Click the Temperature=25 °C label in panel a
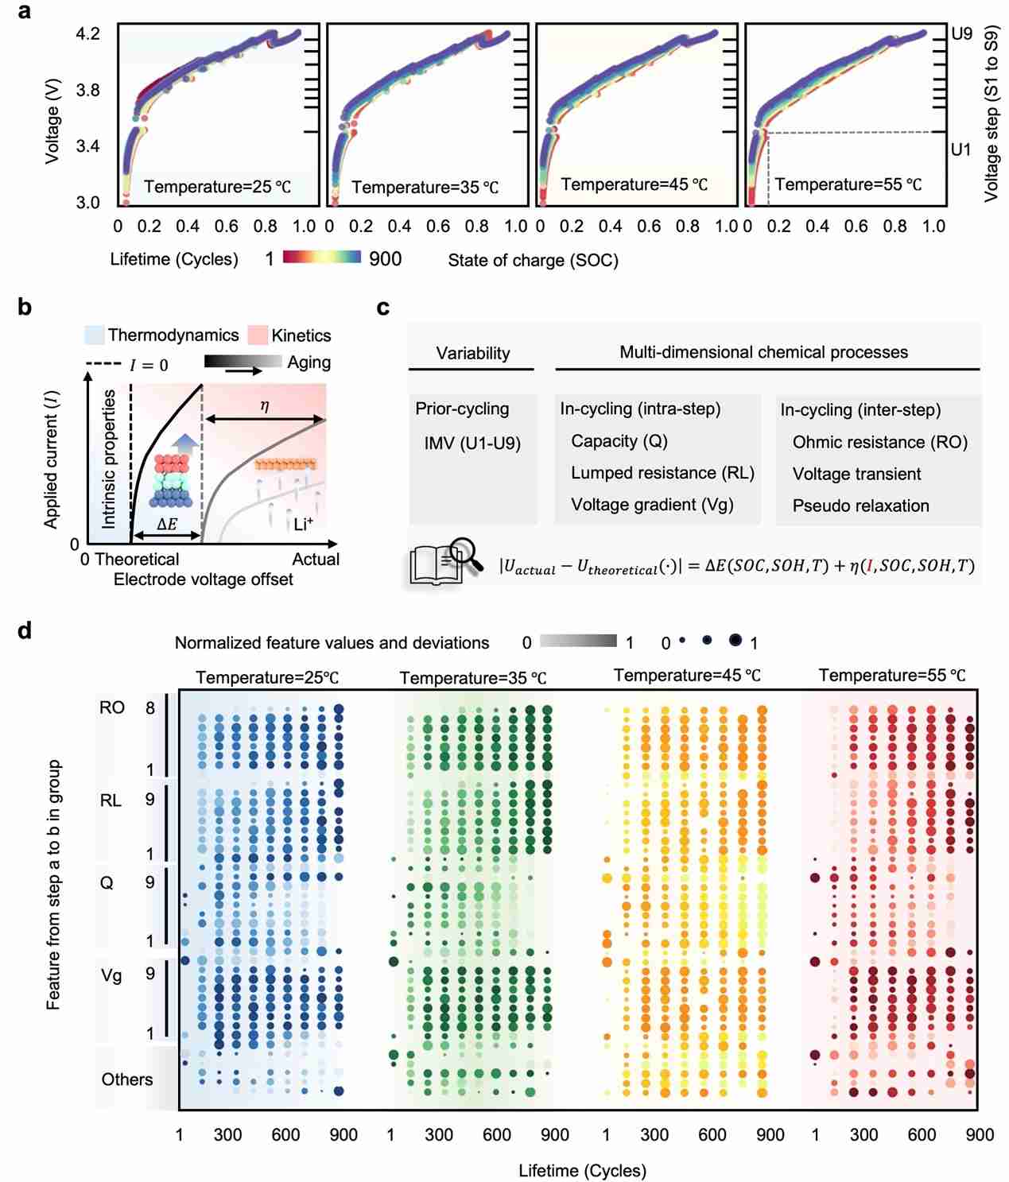pyautogui.click(x=217, y=187)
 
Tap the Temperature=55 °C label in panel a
pyautogui.click(x=848, y=184)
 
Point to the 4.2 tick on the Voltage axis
pyautogui.click(x=87, y=33)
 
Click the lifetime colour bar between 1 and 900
pyautogui.click(x=321, y=258)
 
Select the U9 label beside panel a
pyautogui.click(x=961, y=33)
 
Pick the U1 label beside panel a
pyautogui.click(x=960, y=149)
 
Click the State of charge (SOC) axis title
pyautogui.click(x=533, y=260)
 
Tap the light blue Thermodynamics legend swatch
pyautogui.click(x=95, y=335)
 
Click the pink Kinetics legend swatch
pyautogui.click(x=258, y=335)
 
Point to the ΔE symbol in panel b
pyautogui.click(x=167, y=525)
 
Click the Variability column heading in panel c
pyautogui.click(x=472, y=353)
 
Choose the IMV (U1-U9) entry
pyautogui.click(x=472, y=443)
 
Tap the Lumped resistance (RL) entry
pyautogui.click(x=662, y=473)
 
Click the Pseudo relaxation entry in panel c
pyautogui.click(x=860, y=506)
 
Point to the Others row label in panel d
pyautogui.click(x=126, y=1079)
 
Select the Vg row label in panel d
pyautogui.click(x=111, y=975)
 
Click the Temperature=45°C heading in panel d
pyautogui.click(x=687, y=676)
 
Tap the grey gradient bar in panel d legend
pyautogui.click(x=578, y=641)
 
